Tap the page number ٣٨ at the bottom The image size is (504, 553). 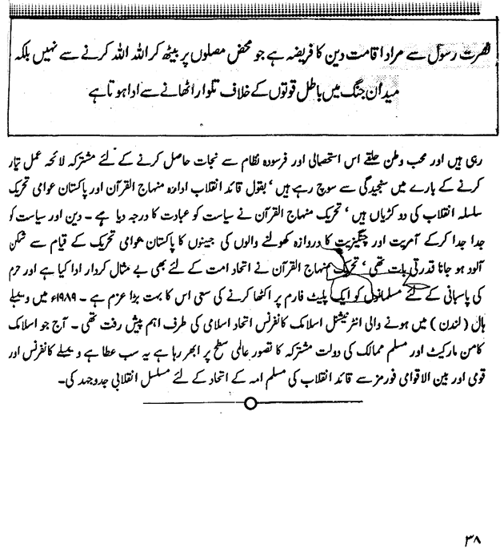[472, 533]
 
